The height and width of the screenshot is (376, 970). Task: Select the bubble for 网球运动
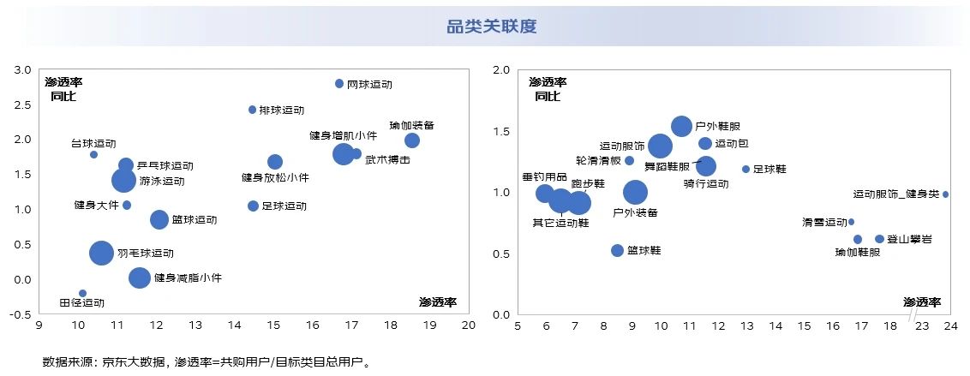339,84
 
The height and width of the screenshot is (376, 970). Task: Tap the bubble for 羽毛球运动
102,253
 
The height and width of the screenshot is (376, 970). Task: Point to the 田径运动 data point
82,294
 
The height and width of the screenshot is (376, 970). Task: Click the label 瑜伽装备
411,125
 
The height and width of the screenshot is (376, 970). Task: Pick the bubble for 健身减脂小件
140,278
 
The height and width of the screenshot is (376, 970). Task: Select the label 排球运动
281,110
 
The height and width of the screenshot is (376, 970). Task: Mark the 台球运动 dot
93,154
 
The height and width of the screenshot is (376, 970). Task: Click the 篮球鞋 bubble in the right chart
617,250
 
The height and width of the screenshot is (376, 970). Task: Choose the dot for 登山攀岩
879,239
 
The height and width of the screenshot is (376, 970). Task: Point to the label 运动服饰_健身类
895,194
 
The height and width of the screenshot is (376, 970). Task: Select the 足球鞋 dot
745,169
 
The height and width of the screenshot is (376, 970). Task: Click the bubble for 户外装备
635,193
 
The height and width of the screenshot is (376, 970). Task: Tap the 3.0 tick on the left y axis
24,69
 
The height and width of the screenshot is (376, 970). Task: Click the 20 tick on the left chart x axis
468,325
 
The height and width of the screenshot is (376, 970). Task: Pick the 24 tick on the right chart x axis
945,325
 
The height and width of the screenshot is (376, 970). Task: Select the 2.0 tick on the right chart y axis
501,69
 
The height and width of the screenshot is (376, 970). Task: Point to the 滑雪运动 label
823,222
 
